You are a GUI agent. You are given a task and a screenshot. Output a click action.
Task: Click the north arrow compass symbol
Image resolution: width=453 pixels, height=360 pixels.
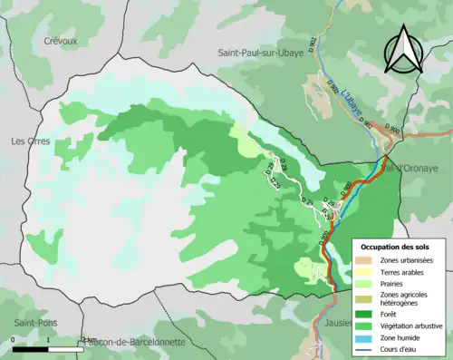click(x=405, y=49)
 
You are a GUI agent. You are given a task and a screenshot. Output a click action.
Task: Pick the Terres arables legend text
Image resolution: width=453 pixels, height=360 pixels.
click(x=404, y=271)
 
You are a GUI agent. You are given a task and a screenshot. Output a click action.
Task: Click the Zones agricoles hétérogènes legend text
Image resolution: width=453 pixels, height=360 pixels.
click(x=408, y=299)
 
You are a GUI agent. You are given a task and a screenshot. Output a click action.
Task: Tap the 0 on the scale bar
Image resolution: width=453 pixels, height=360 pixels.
click(x=14, y=340)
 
